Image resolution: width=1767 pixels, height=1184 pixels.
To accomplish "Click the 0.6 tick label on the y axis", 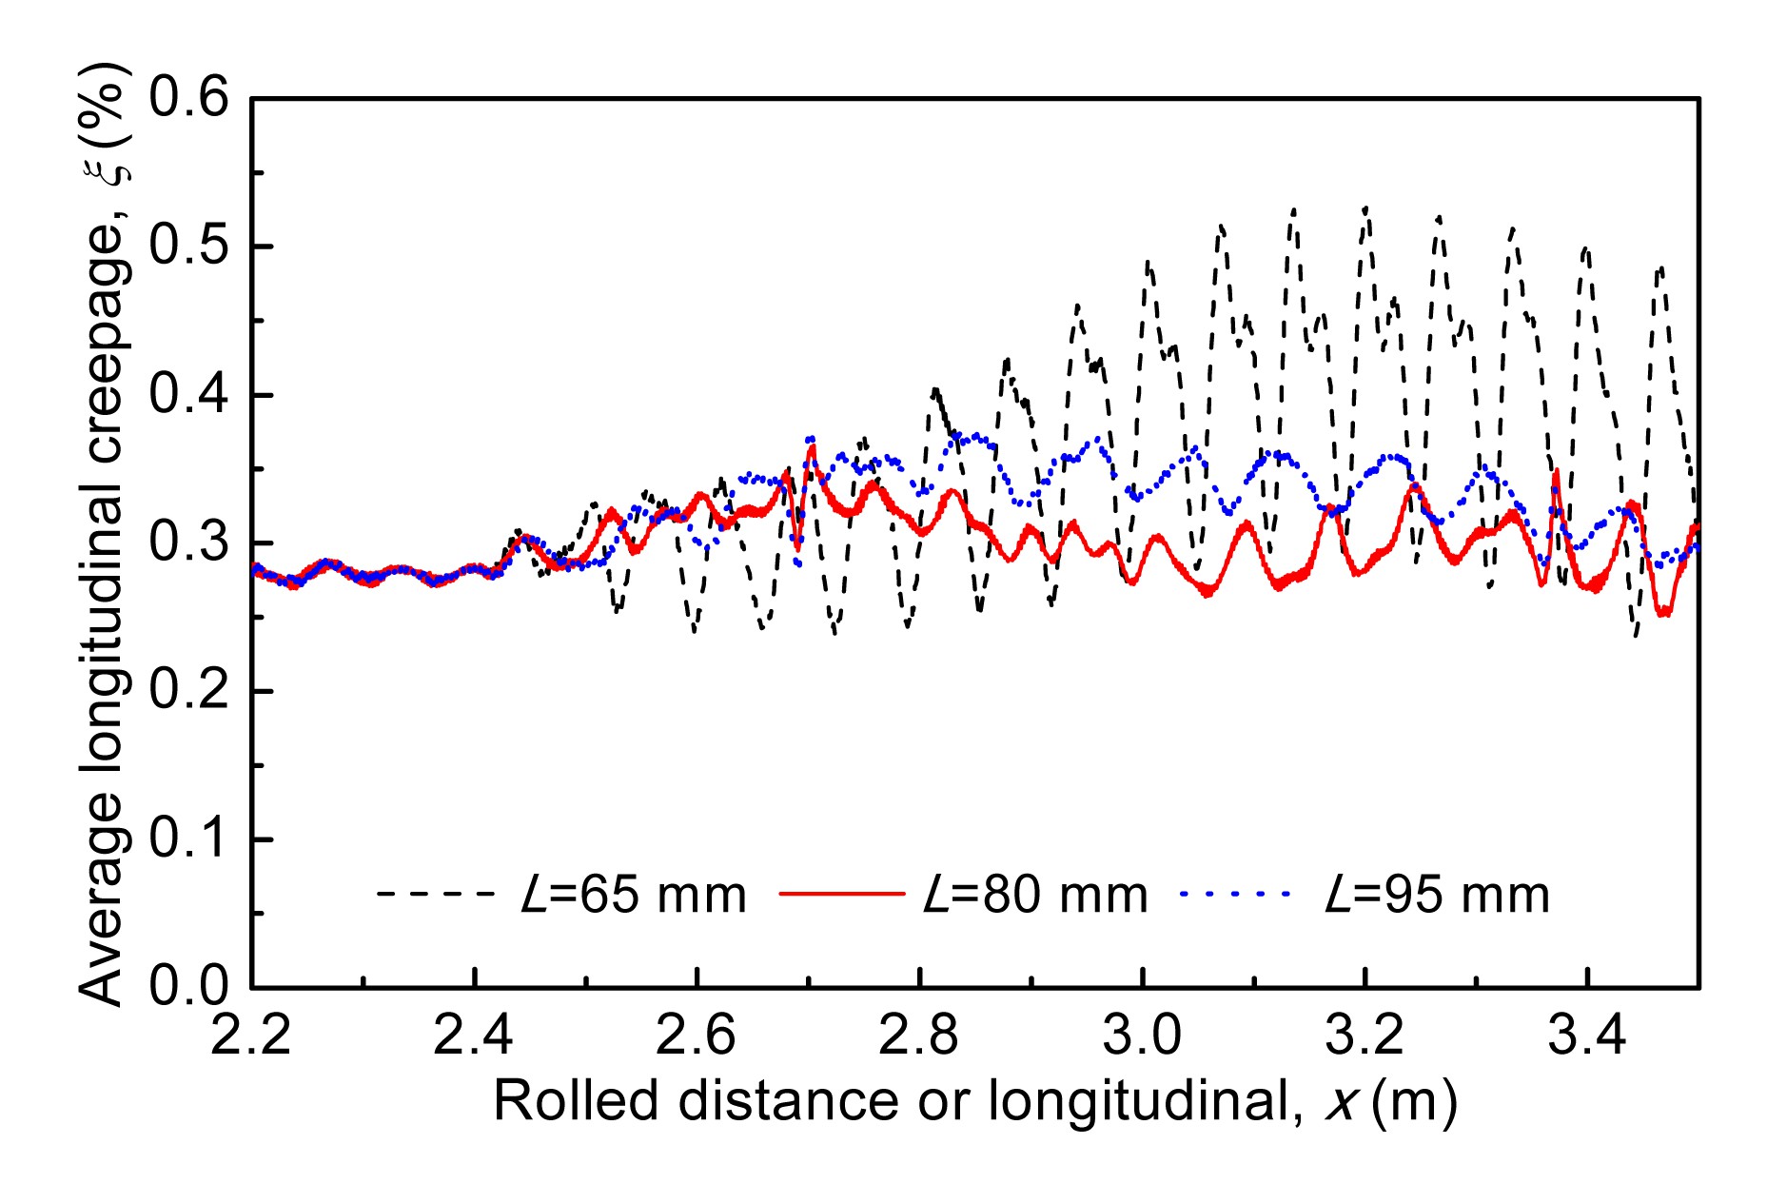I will (x=189, y=98).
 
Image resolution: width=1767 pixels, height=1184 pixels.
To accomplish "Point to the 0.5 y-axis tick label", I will (x=189, y=247).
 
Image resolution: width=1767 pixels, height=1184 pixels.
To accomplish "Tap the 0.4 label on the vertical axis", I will (x=189, y=395).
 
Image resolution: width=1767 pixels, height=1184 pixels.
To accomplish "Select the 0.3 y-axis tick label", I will (x=189, y=543).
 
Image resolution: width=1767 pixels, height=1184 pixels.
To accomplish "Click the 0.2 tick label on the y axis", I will (x=189, y=691).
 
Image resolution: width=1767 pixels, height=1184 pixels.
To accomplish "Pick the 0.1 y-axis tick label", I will (x=189, y=839).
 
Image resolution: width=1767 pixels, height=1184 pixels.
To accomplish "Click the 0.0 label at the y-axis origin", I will (x=189, y=986).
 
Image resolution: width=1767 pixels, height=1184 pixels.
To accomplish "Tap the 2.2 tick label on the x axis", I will (x=250, y=1036).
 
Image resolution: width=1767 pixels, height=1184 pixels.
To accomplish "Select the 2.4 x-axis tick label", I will (x=473, y=1036).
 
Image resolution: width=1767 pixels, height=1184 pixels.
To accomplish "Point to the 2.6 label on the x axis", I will (x=696, y=1036).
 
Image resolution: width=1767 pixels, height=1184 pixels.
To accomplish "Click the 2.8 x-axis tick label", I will (x=918, y=1036).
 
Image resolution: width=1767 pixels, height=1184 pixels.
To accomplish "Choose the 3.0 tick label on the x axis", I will (x=1142, y=1036).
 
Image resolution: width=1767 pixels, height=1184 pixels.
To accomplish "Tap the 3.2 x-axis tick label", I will (x=1365, y=1036).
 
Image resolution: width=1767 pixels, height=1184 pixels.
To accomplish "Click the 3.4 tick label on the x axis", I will (x=1587, y=1036).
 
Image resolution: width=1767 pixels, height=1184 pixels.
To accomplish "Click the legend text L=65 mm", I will (x=634, y=896).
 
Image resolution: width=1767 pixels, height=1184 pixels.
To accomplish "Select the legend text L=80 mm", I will (x=1036, y=896).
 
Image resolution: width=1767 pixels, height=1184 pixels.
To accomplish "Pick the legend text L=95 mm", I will (x=1438, y=896).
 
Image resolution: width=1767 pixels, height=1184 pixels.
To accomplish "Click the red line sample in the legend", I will (x=841, y=894).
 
